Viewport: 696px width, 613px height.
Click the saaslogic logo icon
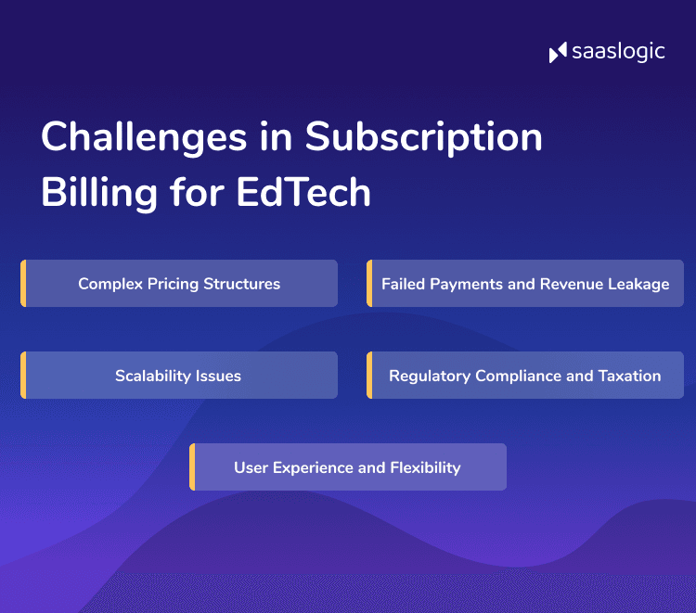[x=558, y=53]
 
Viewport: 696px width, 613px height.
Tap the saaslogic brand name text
[x=618, y=52]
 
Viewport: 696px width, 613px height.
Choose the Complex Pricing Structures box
[x=179, y=284]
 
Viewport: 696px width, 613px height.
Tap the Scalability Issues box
[x=179, y=376]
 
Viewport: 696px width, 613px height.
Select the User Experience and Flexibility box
[x=348, y=467]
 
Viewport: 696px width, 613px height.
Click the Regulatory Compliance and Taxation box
[x=525, y=376]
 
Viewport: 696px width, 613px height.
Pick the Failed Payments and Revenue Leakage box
[x=525, y=284]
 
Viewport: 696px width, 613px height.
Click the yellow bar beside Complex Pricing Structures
[x=23, y=284]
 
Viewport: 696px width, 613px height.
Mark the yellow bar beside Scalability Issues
[x=23, y=376]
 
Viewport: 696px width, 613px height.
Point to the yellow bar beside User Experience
[x=192, y=467]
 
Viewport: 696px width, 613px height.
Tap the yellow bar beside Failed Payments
[x=369, y=284]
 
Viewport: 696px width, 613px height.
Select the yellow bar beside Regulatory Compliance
[x=369, y=376]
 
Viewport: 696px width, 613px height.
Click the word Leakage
[x=637, y=284]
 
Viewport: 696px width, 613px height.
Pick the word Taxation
[x=628, y=376]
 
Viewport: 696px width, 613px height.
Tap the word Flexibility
[x=425, y=467]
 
